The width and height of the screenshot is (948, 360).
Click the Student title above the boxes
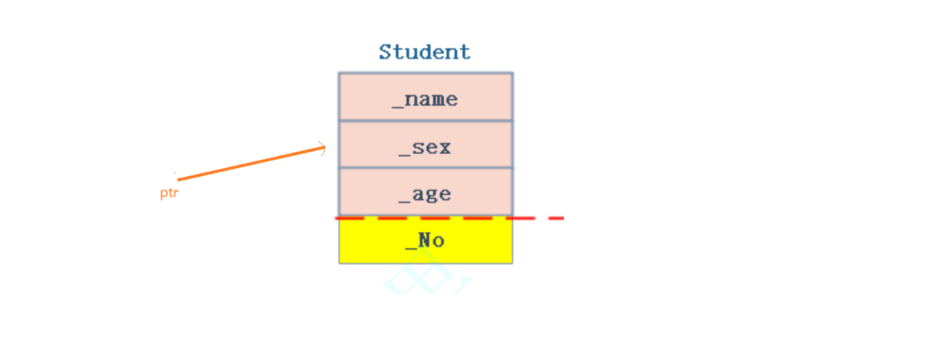click(425, 52)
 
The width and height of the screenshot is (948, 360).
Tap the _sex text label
click(425, 147)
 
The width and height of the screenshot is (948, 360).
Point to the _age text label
click(425, 195)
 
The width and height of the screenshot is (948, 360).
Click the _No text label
click(425, 241)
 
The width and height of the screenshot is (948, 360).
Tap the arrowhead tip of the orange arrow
click(325, 147)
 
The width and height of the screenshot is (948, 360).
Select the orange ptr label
click(168, 193)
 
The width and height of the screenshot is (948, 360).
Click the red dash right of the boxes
click(555, 218)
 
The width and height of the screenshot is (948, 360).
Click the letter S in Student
click(386, 52)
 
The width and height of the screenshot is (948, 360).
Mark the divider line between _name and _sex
click(425, 120)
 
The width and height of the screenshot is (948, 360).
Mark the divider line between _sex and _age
click(425, 168)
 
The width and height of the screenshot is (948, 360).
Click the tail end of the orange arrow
click(178, 180)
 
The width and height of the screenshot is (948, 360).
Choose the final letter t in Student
click(465, 52)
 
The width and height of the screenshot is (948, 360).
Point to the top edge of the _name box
click(425, 73)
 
